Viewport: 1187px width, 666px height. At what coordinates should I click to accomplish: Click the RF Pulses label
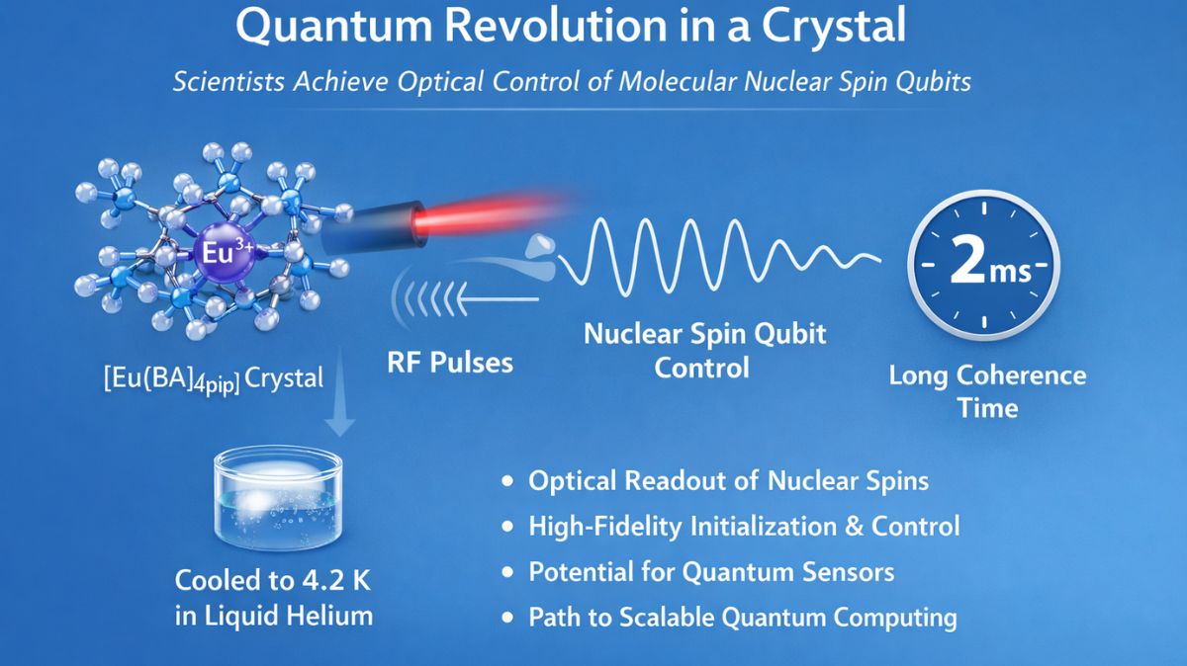pyautogui.click(x=450, y=362)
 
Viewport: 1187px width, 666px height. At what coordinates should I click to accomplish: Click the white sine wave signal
pyautogui.click(x=712, y=260)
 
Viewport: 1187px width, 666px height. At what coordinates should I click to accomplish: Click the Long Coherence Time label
pyautogui.click(x=986, y=391)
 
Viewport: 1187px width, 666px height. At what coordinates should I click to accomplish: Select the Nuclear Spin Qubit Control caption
pyautogui.click(x=703, y=351)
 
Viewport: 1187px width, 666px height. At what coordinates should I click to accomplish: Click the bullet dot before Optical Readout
pyautogui.click(x=508, y=482)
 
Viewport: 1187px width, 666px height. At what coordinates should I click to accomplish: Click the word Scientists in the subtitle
pyautogui.click(x=228, y=81)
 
